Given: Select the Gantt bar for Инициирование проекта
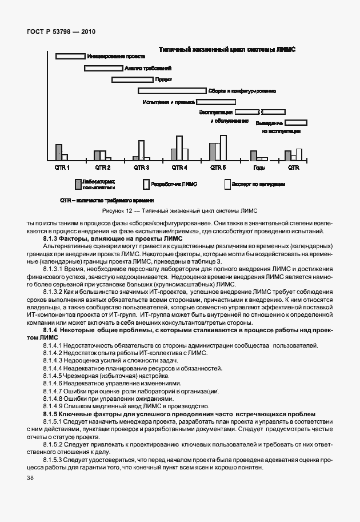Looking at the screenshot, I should coord(70,56).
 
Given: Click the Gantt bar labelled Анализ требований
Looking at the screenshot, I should coord(103,68).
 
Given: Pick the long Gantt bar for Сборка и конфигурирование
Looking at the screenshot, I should coord(171,90).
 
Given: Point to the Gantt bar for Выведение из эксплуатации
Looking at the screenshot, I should coord(295,122).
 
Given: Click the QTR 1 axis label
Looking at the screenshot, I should coord(62,168).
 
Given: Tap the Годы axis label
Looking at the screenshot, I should coord(259,168).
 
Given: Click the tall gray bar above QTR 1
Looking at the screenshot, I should coord(58,152).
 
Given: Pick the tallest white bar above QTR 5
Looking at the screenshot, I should coord(223,148).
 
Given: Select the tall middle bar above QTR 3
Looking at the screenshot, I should coord(141,150).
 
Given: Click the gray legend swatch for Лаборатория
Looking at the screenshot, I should coord(78,184).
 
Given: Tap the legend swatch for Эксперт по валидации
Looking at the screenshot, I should coord(227,184).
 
